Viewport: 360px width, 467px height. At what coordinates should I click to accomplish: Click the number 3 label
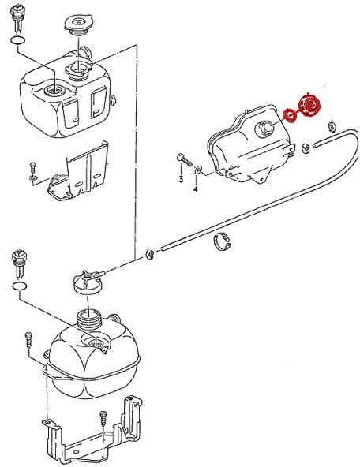[x=181, y=179]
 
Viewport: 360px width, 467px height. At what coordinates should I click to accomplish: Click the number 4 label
[x=196, y=189]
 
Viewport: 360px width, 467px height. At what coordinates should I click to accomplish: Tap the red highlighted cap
[x=310, y=105]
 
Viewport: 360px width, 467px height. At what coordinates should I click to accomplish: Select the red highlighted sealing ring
[x=290, y=115]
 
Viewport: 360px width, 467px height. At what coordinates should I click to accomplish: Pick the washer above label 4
[x=198, y=170]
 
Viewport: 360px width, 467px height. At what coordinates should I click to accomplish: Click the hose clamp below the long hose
[x=222, y=241]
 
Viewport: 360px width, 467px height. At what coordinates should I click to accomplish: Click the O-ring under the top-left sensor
[x=18, y=40]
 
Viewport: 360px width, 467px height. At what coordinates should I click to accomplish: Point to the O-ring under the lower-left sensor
[x=20, y=286]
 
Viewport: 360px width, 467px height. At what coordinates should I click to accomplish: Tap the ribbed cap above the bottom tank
[x=88, y=282]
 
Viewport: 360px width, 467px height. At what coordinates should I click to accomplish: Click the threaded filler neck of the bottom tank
[x=88, y=319]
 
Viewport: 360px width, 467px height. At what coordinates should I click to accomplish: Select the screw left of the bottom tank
[x=28, y=340]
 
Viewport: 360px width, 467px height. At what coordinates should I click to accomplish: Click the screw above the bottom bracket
[x=103, y=419]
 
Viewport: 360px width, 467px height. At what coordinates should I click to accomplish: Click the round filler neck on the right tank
[x=264, y=129]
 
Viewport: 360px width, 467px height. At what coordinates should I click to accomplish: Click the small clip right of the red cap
[x=332, y=126]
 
